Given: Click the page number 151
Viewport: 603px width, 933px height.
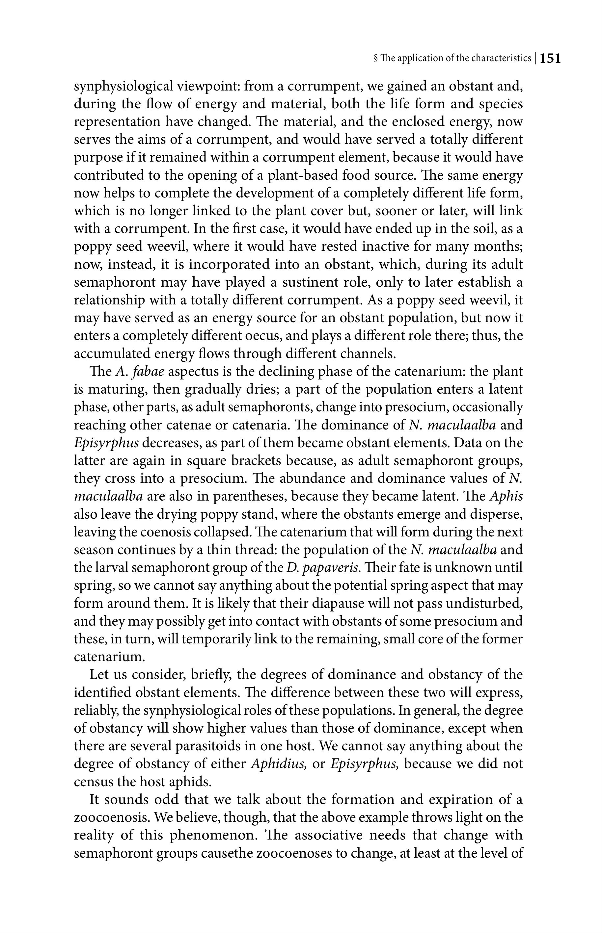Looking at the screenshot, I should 550,59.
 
